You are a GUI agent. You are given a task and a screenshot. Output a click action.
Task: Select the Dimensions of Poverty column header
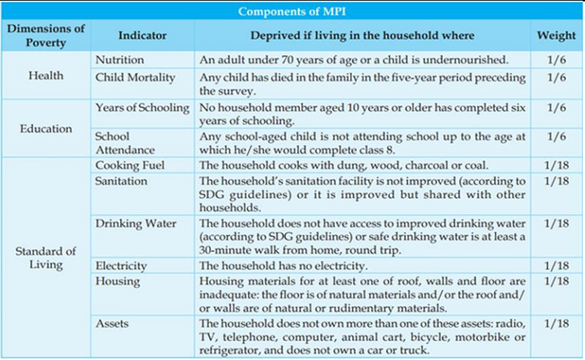(x=46, y=35)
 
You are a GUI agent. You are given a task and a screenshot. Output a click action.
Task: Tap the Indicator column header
(x=142, y=35)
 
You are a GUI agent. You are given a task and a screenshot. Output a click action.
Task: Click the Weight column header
(x=556, y=35)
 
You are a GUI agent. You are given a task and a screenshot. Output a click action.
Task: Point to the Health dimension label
(x=46, y=75)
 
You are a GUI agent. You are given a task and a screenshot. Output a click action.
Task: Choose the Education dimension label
(x=46, y=129)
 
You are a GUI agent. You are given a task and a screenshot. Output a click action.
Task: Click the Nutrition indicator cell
(x=119, y=60)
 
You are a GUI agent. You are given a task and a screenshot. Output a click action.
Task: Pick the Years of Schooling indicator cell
(x=142, y=107)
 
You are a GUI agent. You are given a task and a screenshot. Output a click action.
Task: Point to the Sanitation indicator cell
(x=120, y=180)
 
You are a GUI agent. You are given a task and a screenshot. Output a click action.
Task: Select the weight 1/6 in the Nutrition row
(x=556, y=60)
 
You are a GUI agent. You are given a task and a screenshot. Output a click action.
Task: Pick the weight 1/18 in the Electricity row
(x=556, y=266)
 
